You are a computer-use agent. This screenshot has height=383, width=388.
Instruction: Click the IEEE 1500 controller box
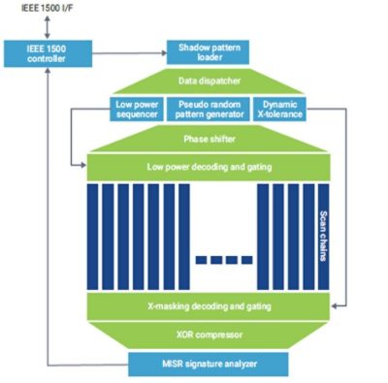click(48, 53)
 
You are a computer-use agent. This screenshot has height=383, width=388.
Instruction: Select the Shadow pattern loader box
click(208, 52)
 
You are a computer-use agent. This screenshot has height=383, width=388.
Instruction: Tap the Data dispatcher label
click(210, 80)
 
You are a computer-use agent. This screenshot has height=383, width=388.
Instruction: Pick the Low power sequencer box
click(137, 110)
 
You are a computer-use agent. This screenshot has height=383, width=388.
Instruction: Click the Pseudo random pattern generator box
click(209, 110)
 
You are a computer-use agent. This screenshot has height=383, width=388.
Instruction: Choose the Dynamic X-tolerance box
click(279, 110)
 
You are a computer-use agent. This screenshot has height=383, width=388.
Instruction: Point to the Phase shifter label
click(210, 140)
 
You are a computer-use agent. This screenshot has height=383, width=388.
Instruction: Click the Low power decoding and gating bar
click(209, 167)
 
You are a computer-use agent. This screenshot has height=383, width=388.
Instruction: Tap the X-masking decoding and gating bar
click(209, 306)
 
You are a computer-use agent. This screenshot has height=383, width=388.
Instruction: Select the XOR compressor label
click(210, 335)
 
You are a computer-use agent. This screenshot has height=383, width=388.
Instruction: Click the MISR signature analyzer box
click(209, 365)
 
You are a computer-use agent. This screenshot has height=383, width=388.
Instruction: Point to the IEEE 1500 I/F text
click(48, 8)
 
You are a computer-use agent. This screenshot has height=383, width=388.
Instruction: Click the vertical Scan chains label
click(323, 236)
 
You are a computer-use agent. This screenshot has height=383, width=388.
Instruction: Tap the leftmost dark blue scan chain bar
click(92, 237)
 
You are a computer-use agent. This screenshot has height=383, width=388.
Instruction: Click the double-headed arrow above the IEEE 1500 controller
click(48, 27)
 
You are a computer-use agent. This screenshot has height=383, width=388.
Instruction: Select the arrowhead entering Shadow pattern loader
click(164, 53)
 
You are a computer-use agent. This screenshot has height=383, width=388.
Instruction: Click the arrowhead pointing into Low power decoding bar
click(83, 166)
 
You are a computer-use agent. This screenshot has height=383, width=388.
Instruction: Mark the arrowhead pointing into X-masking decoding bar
click(335, 305)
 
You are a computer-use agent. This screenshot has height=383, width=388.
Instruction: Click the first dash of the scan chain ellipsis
click(201, 260)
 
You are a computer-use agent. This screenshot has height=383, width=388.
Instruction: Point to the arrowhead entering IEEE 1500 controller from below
click(48, 70)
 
